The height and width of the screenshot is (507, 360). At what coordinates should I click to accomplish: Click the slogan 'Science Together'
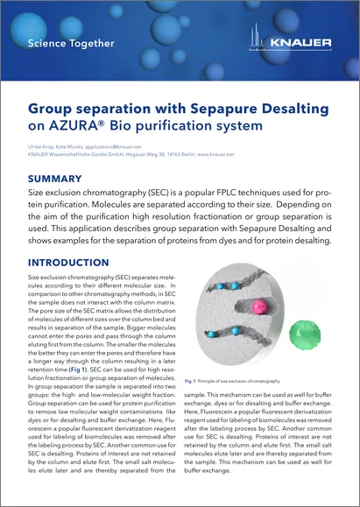pyautogui.click(x=72, y=42)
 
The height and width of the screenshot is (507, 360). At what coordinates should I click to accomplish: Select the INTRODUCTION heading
pyautogui.click(x=73, y=262)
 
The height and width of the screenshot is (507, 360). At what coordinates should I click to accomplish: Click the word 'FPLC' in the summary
pyautogui.click(x=236, y=193)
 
